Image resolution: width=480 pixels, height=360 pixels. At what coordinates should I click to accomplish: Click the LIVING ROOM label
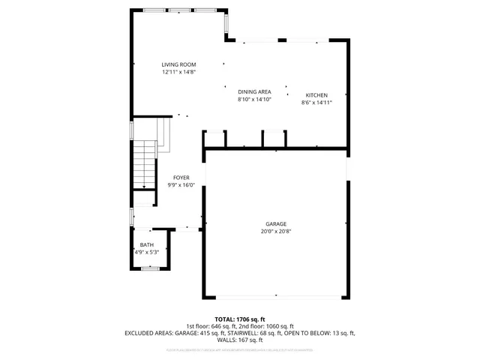178,65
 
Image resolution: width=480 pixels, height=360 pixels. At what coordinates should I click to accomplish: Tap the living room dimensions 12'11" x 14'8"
178,73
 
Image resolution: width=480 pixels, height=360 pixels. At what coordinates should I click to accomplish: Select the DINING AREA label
254,91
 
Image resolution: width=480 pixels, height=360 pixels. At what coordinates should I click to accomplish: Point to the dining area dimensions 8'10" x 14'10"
254,99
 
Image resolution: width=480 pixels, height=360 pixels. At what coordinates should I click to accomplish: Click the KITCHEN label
316,95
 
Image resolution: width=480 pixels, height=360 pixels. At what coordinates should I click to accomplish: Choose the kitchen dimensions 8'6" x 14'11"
316,103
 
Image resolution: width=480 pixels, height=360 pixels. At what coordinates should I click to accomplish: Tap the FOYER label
181,177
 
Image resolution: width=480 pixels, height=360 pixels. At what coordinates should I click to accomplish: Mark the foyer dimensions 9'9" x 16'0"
181,184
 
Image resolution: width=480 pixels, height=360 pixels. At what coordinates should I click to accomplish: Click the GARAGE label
275,224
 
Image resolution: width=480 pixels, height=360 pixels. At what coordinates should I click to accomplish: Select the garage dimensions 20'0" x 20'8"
275,232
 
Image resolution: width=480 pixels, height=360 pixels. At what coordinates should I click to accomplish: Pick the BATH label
147,245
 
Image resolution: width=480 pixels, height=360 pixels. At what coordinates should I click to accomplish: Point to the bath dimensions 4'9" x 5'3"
147,253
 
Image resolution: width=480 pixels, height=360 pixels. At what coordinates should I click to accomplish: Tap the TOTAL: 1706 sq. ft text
240,318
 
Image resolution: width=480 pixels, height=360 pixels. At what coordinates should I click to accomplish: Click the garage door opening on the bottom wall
275,298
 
